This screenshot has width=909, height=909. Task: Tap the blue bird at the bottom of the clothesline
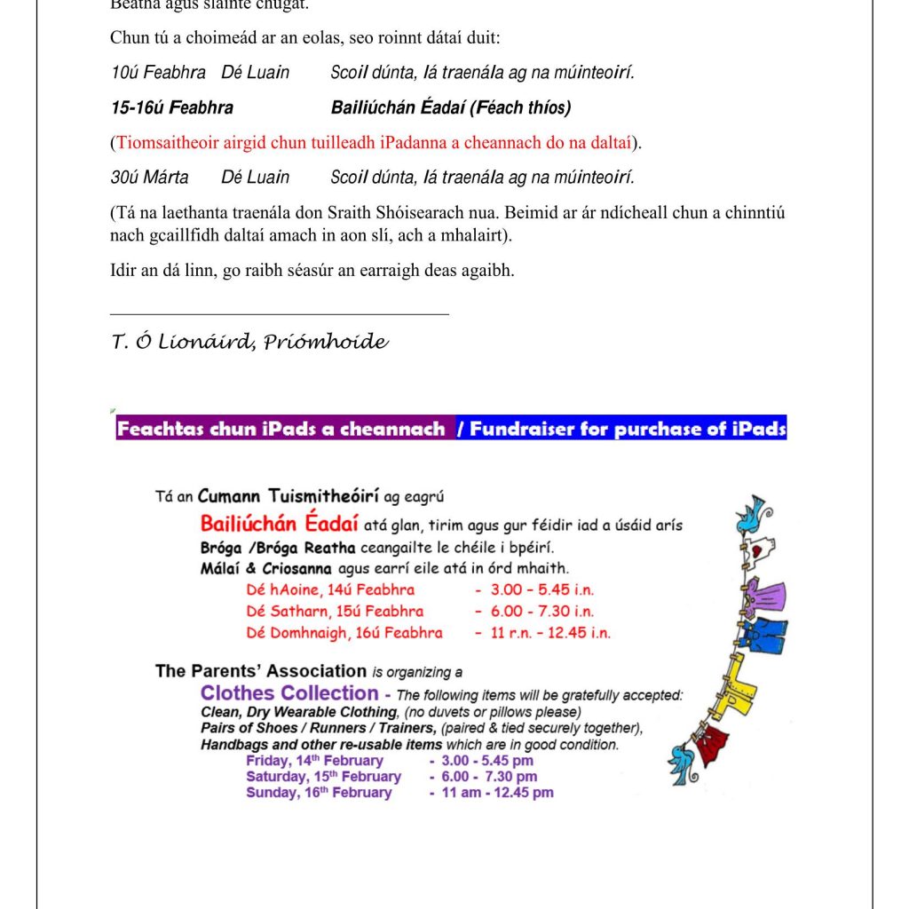[x=684, y=762]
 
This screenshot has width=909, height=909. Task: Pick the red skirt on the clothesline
[x=712, y=744]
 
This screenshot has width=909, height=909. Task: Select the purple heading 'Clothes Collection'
[x=289, y=693]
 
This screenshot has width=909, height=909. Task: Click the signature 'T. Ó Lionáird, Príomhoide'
[x=249, y=343]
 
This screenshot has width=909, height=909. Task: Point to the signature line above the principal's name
[x=280, y=313]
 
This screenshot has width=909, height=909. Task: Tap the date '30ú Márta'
[x=149, y=178]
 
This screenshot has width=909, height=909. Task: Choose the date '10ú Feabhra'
[x=158, y=73]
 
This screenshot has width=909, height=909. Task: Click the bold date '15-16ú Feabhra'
[x=172, y=108]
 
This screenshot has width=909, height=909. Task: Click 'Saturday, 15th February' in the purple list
[x=323, y=777]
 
